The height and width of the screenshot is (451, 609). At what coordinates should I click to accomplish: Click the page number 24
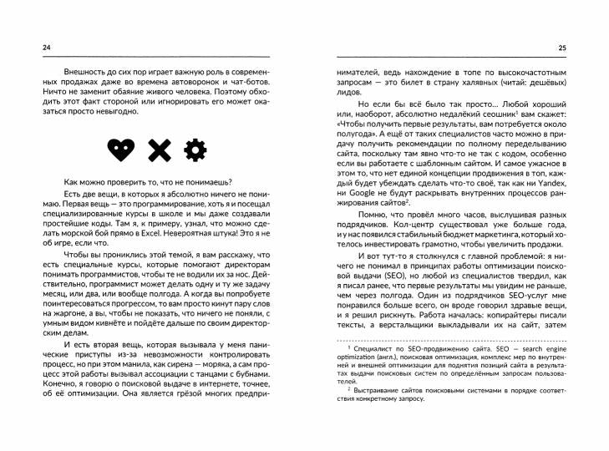[31, 48]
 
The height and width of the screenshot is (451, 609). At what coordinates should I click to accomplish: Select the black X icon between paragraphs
[158, 151]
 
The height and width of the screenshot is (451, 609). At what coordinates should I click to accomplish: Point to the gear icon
[195, 151]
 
